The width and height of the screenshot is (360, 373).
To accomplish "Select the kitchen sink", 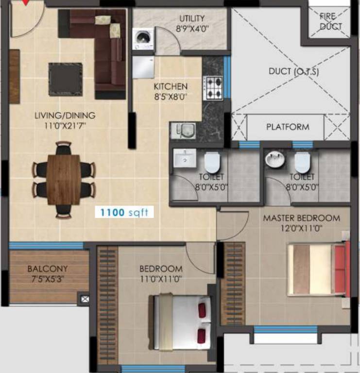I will (183, 130).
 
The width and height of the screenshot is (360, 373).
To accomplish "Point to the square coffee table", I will (65, 79).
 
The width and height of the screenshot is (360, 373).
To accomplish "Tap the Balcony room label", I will (47, 269).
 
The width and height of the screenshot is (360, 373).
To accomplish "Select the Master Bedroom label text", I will (301, 218).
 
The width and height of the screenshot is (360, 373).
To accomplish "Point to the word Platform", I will (287, 127).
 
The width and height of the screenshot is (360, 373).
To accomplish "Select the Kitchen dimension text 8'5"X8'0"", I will (171, 96).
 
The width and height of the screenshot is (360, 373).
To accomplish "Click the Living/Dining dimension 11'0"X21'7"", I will (65, 125).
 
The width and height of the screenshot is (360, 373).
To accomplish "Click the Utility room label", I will (192, 19).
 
